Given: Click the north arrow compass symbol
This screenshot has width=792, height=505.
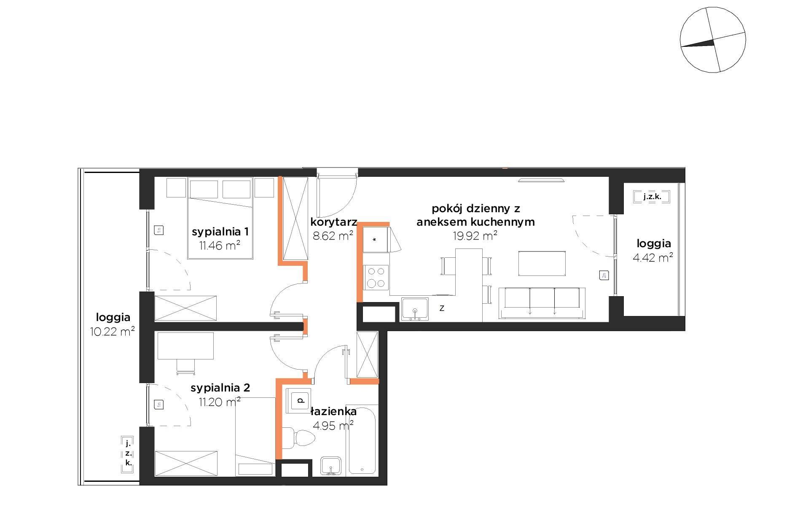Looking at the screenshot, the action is click(x=713, y=40).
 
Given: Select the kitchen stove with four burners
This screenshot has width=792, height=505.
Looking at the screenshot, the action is click(x=376, y=277).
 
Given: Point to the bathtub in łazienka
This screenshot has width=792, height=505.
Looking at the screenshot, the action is click(x=362, y=440).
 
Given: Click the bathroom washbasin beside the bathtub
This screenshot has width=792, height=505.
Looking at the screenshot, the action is click(x=331, y=466).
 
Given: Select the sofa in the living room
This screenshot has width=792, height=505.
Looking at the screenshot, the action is click(x=542, y=303).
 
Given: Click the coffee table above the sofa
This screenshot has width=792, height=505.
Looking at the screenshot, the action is click(x=542, y=264).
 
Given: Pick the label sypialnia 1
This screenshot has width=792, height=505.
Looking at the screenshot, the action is click(x=220, y=232).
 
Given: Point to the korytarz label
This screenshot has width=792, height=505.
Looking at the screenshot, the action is click(x=334, y=222).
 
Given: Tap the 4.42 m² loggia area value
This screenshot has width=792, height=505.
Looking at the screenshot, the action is click(x=652, y=257).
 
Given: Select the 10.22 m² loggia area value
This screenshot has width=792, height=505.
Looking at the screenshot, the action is click(x=112, y=332).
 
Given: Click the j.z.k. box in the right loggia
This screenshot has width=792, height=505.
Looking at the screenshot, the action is click(x=652, y=197).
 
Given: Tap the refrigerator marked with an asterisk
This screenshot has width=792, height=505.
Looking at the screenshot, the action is click(x=375, y=240).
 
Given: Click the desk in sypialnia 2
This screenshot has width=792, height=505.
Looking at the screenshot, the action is click(x=185, y=346).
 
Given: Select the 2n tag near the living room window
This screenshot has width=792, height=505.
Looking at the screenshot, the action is click(x=604, y=275).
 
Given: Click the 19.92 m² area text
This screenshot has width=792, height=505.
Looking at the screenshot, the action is click(x=475, y=236).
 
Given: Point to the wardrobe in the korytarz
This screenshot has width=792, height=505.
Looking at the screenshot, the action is click(x=295, y=219).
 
